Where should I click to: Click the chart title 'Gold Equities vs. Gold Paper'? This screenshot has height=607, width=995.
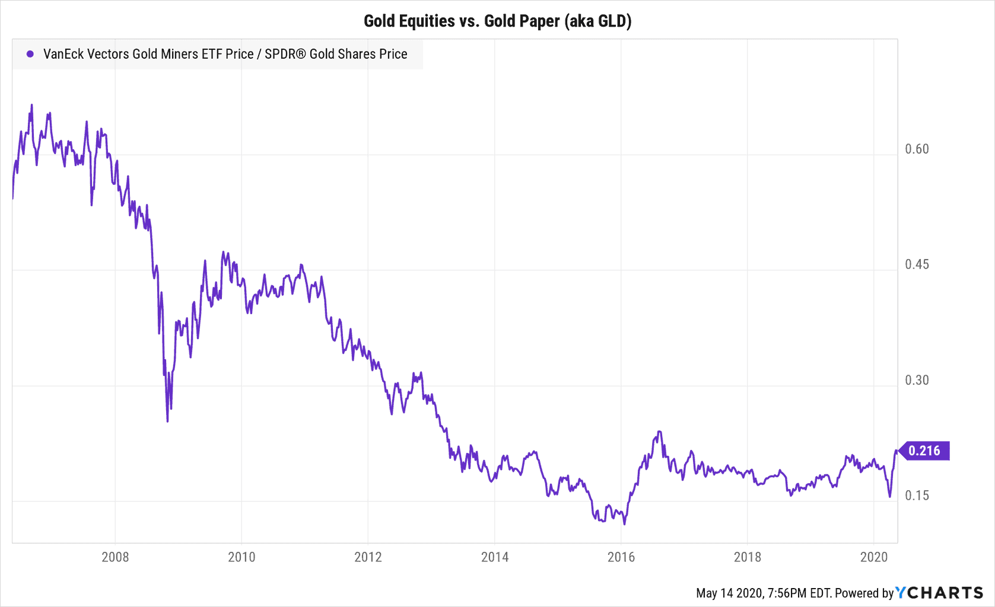tap(497, 21)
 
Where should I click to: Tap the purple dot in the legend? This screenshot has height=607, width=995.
tap(30, 54)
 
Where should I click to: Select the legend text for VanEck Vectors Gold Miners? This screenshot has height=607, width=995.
tap(225, 54)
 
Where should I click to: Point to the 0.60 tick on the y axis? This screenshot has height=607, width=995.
tap(917, 149)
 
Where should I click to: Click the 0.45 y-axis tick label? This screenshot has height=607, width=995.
tap(917, 264)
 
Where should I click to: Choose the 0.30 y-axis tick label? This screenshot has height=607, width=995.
tap(917, 380)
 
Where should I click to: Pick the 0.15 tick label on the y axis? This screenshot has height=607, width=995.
tap(917, 496)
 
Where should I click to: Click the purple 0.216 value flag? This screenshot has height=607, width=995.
tap(924, 451)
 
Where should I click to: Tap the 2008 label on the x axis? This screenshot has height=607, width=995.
tap(115, 557)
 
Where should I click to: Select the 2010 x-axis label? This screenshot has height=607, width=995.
tap(241, 557)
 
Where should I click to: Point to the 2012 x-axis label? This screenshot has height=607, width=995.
tap(368, 557)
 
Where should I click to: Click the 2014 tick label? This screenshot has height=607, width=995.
tap(495, 557)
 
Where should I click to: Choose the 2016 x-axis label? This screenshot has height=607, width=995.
tap(621, 557)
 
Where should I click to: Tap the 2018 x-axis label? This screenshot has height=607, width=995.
tap(747, 557)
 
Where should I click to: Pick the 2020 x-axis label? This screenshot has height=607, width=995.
tap(873, 557)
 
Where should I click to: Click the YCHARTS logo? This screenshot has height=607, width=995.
tap(939, 593)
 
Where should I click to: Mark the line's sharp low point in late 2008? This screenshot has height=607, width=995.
tap(167, 421)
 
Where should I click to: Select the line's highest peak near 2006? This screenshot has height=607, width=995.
tap(31, 105)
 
